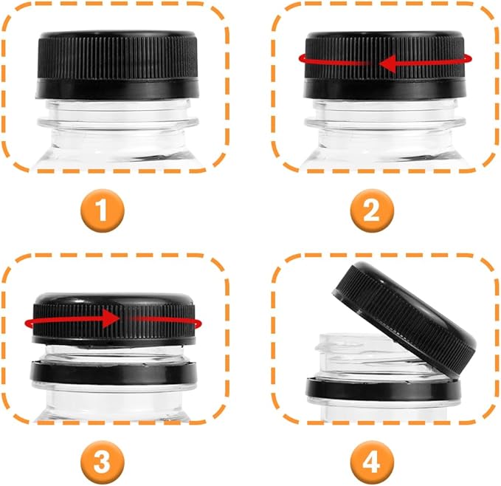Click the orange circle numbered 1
[102, 211]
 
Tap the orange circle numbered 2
[372, 211]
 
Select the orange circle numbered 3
[102, 462]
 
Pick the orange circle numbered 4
[372, 462]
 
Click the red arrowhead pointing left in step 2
[387, 64]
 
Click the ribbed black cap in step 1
[117, 56]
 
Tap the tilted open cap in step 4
[404, 319]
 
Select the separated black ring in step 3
[113, 373]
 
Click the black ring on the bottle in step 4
[383, 389]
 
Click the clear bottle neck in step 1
[117, 131]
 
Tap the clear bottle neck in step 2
[384, 131]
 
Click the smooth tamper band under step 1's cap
[117, 89]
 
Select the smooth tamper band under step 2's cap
[384, 89]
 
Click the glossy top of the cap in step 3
[114, 298]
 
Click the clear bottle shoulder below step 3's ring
[114, 403]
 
